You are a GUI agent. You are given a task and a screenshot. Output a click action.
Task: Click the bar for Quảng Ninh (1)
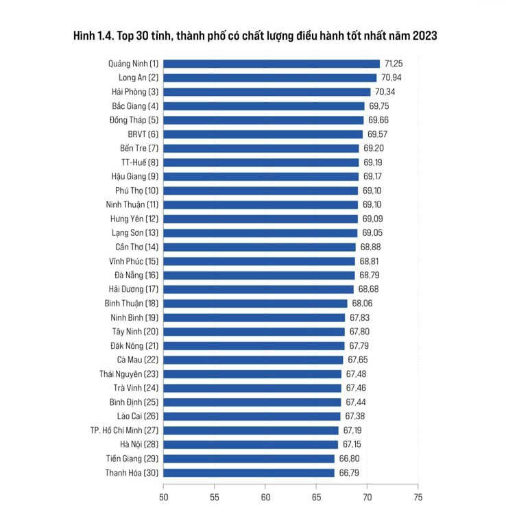tap(272, 64)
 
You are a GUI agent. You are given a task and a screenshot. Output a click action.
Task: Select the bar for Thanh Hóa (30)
tap(249, 473)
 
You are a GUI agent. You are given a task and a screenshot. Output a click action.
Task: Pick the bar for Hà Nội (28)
tap(250, 445)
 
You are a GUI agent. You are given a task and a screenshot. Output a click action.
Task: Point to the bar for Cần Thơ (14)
tap(260, 247)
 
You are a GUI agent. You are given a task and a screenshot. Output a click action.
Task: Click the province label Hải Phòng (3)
tap(135, 92)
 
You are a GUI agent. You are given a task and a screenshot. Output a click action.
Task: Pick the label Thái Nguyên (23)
tap(129, 374)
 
